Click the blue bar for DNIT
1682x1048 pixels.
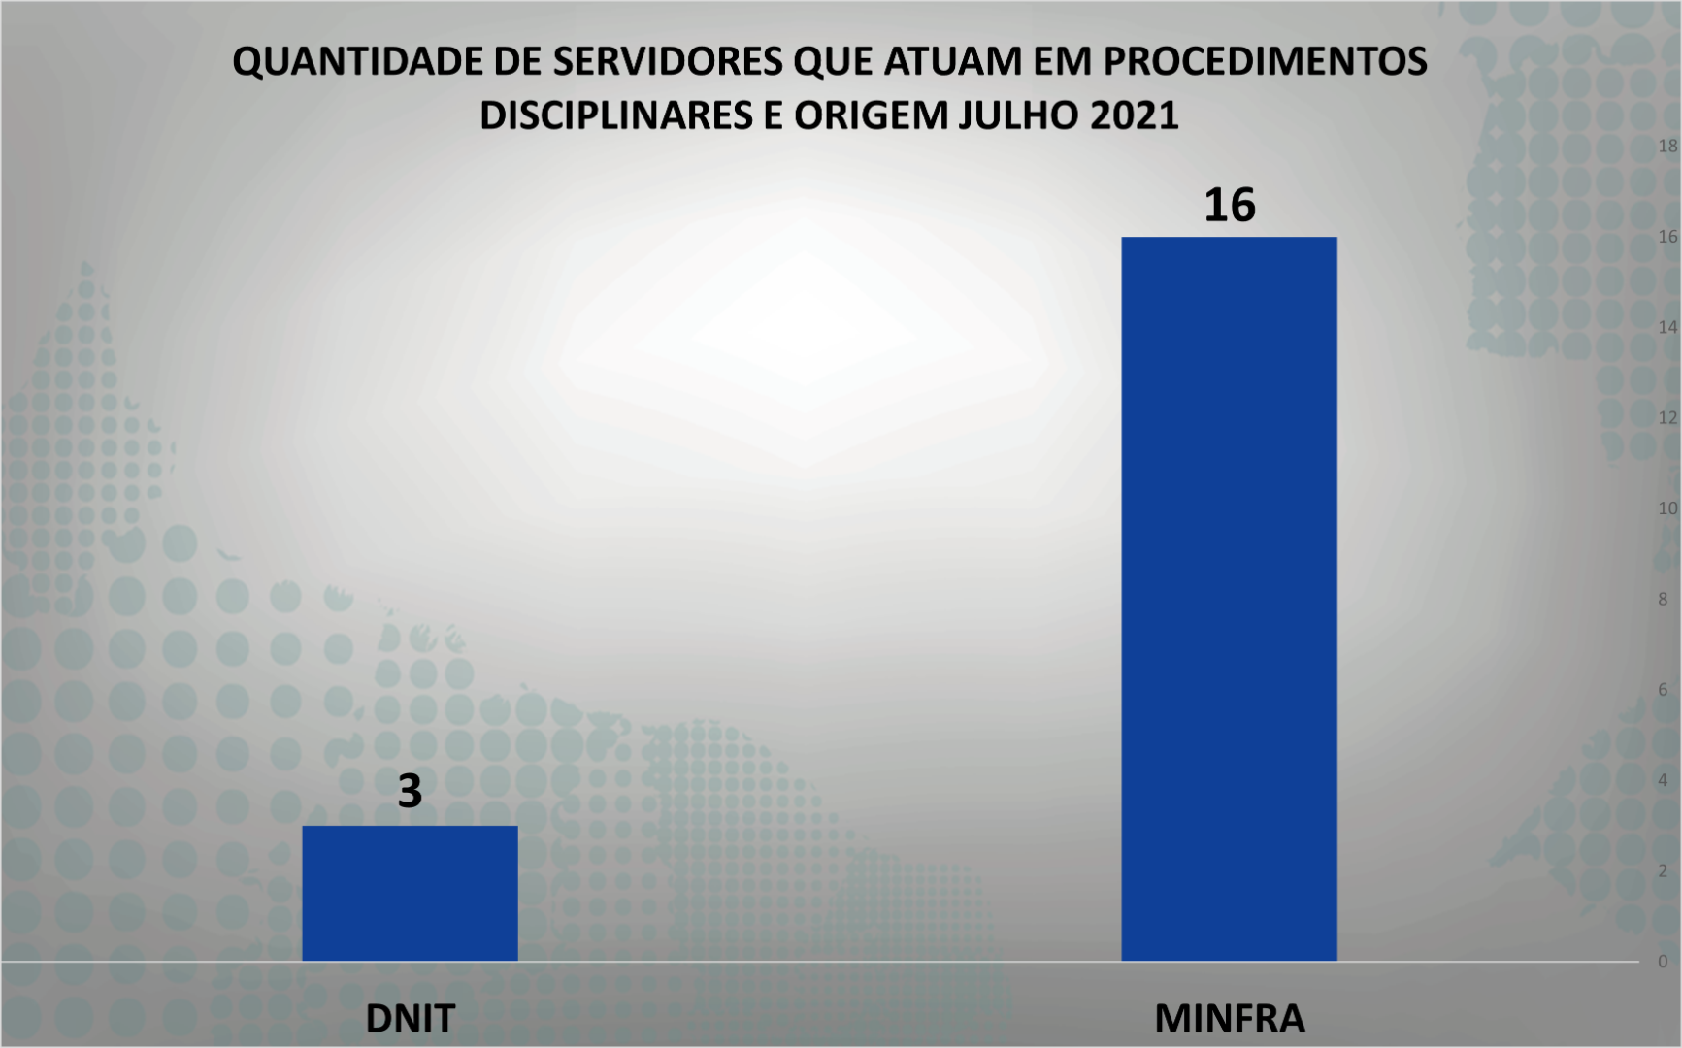click(x=410, y=893)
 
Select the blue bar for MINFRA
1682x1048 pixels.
click(x=1229, y=599)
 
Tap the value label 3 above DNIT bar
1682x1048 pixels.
click(x=410, y=791)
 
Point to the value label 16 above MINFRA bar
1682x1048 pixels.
click(x=1229, y=206)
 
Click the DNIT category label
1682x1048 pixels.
click(x=410, y=1018)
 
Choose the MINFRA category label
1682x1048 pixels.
click(x=1229, y=1018)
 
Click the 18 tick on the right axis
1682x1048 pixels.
click(x=1667, y=147)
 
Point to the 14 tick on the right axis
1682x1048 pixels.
click(x=1667, y=328)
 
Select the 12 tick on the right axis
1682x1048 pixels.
click(x=1667, y=418)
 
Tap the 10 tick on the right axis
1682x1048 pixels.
click(x=1667, y=508)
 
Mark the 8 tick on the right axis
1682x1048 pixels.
click(x=1663, y=600)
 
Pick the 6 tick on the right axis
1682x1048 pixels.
click(x=1663, y=690)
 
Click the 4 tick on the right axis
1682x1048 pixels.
click(x=1663, y=780)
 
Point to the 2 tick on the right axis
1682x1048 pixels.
click(x=1663, y=871)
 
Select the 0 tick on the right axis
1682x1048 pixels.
click(x=1663, y=962)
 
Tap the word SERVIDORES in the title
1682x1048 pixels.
click(x=667, y=62)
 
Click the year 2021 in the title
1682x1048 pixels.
click(x=1134, y=115)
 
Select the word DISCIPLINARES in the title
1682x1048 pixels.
click(x=615, y=115)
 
